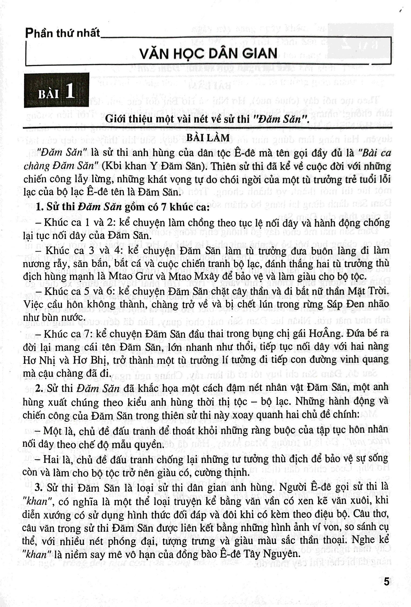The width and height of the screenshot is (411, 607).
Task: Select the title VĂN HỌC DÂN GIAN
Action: coord(208,53)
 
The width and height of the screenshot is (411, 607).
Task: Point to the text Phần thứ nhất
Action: coord(62,33)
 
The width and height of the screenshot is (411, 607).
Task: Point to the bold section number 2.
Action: coord(39,388)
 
